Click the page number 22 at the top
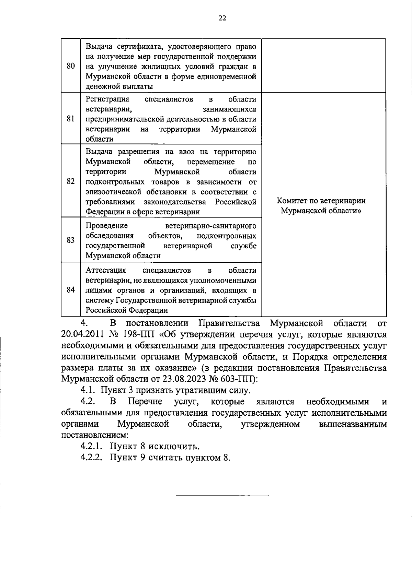[x=222, y=19]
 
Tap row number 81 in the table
[x=71, y=119]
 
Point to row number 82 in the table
[x=71, y=181]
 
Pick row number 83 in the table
[x=71, y=240]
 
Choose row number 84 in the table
[x=71, y=290]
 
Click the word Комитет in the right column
[x=292, y=201]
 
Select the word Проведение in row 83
[x=106, y=226]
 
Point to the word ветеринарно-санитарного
[x=210, y=226]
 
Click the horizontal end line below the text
[x=222, y=496]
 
